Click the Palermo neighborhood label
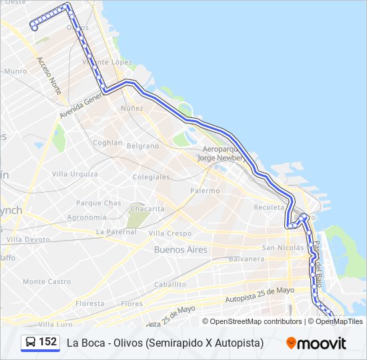[x=205, y=191]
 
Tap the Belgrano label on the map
[x=143, y=146]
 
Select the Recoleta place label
[x=269, y=207]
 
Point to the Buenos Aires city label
[x=180, y=250]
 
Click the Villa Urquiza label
[x=75, y=174]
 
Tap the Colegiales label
[x=151, y=177]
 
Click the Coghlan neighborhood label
[x=107, y=143]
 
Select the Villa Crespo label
[x=169, y=233]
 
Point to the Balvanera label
[x=247, y=259]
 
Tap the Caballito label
[x=169, y=284]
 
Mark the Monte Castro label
[x=47, y=282]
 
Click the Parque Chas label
[x=98, y=203]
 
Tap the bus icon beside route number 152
[x=31, y=343]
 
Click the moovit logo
[x=316, y=343]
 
